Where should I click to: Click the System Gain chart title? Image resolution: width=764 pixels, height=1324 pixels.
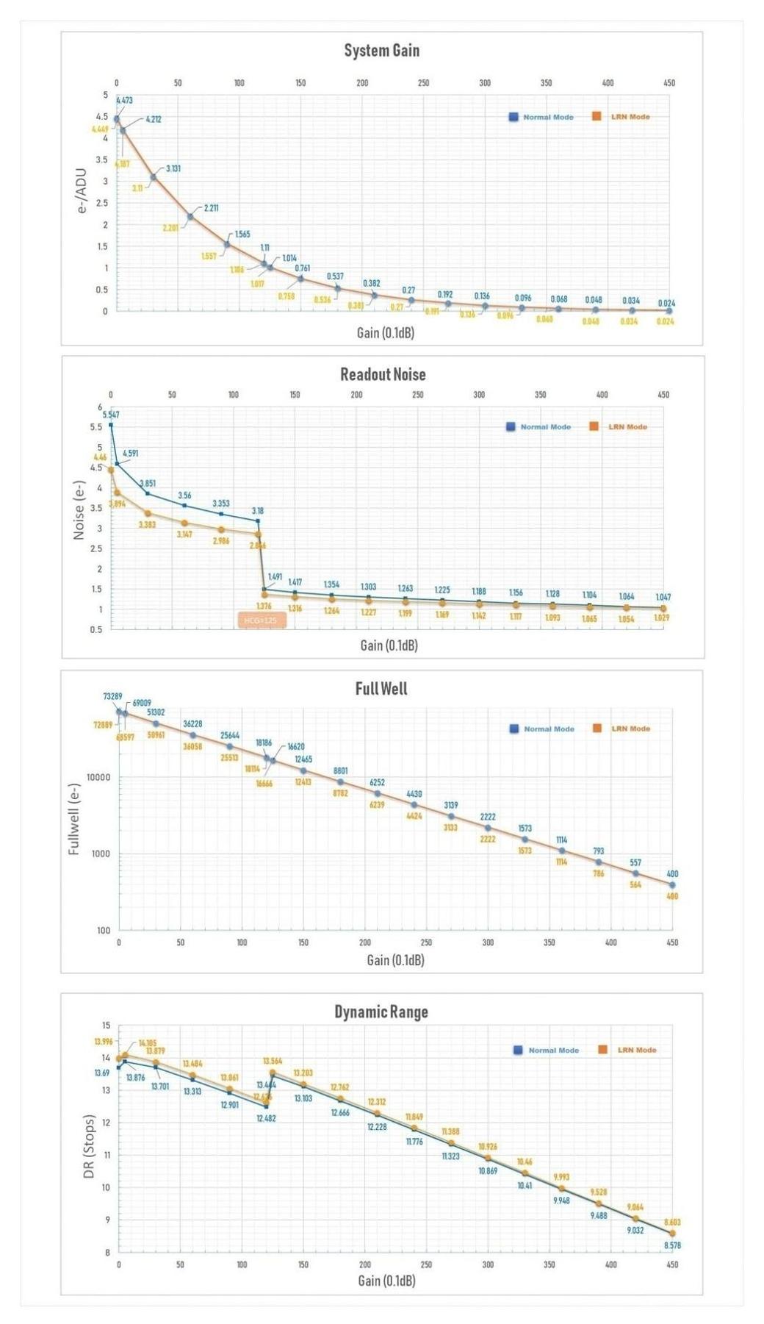(x=381, y=51)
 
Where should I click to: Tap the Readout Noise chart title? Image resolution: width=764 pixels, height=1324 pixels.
(x=383, y=374)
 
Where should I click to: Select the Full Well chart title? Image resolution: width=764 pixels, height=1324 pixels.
(x=381, y=689)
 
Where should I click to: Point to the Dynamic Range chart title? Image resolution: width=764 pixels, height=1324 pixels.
(x=381, y=1012)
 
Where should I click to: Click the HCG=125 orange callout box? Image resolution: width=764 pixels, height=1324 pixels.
(x=261, y=620)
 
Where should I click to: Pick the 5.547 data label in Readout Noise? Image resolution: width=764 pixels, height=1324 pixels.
(x=111, y=415)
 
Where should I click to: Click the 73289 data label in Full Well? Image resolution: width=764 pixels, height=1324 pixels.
(x=112, y=696)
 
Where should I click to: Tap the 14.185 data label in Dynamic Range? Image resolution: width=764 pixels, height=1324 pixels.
(x=147, y=1042)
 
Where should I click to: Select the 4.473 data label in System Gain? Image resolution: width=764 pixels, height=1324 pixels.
(x=124, y=100)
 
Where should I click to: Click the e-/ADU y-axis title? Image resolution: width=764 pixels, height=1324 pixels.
(x=82, y=191)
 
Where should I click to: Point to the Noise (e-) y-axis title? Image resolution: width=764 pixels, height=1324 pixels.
(x=79, y=510)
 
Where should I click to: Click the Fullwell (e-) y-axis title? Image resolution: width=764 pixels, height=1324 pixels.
(x=73, y=819)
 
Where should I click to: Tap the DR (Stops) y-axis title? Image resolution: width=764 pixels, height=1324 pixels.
(x=89, y=1146)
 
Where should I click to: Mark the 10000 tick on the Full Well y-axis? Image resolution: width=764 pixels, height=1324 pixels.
(x=98, y=777)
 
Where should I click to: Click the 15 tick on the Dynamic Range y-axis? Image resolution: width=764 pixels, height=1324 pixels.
(x=106, y=1026)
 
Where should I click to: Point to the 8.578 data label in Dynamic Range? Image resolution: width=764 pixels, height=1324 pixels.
(x=672, y=1245)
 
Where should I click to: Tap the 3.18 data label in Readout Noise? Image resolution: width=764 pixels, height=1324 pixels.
(x=257, y=510)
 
